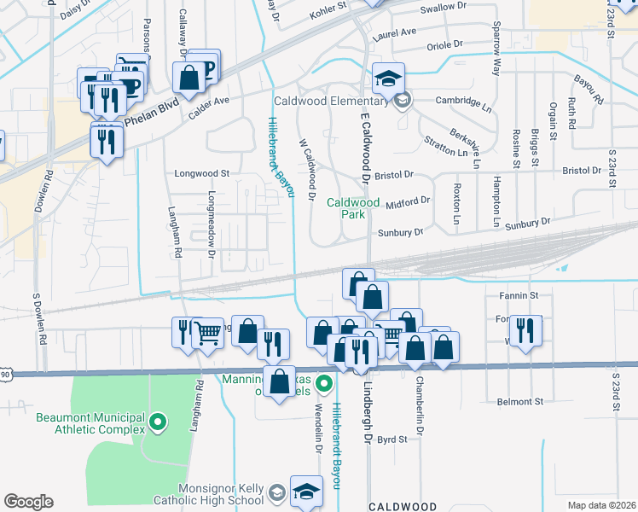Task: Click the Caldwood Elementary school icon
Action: click(387, 79)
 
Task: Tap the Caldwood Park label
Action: click(353, 208)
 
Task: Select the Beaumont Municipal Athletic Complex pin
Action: click(157, 422)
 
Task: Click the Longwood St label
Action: click(202, 172)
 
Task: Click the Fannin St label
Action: click(523, 295)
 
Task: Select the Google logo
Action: click(29, 502)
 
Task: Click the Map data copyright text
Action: click(600, 504)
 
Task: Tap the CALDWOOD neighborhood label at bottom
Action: click(403, 506)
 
